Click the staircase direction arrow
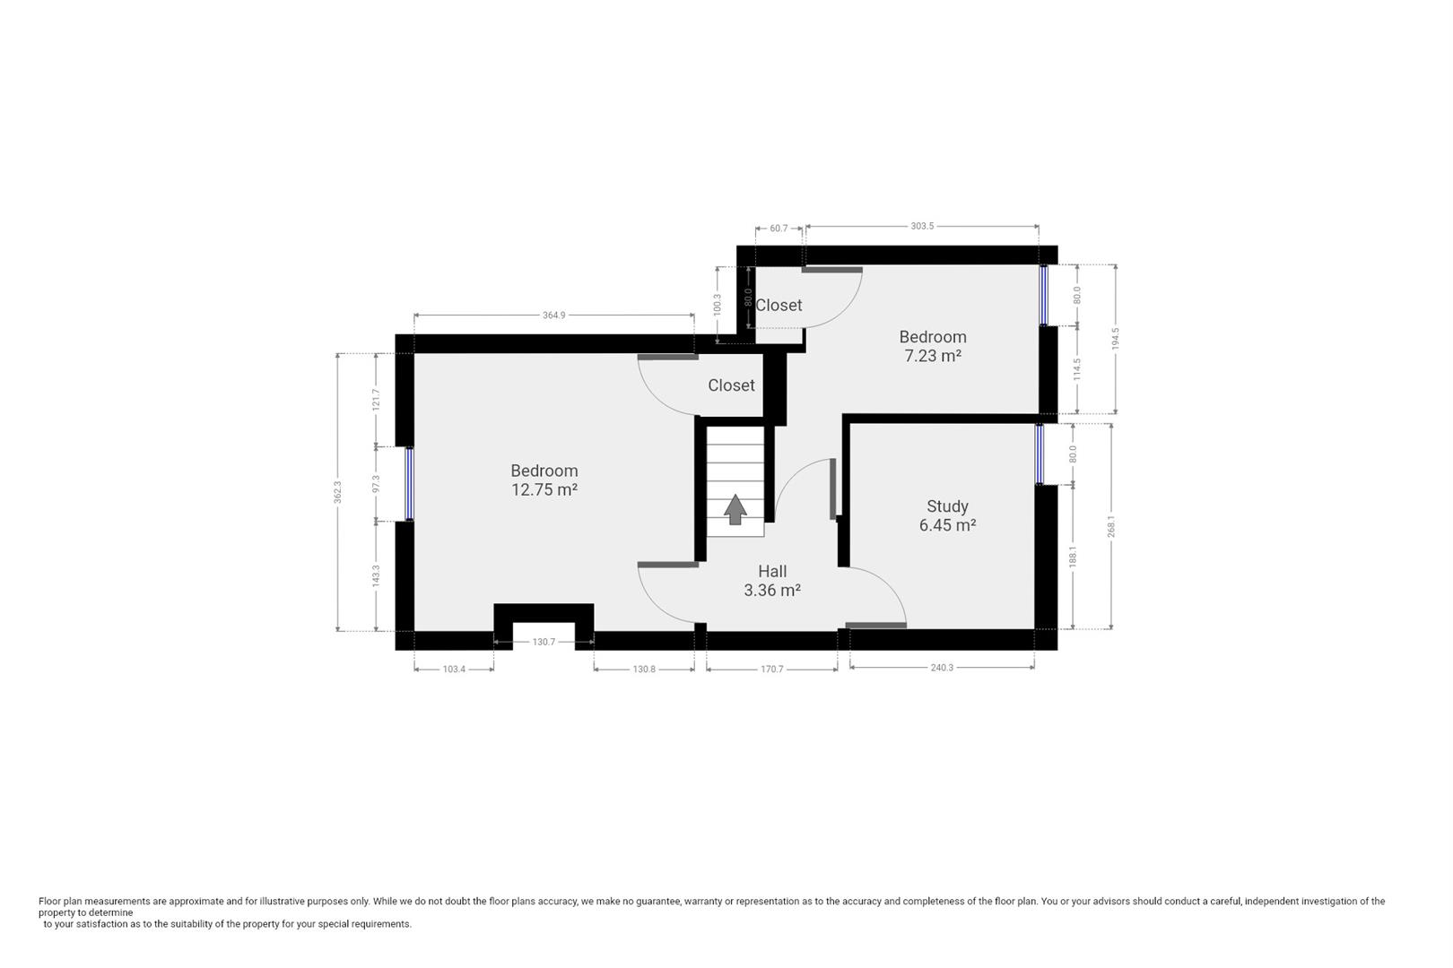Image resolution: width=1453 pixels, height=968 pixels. tap(735, 509)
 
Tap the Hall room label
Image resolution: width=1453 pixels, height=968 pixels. tap(772, 571)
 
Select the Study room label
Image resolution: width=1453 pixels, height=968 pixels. tap(947, 506)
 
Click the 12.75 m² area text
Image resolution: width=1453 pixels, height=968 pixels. tap(544, 489)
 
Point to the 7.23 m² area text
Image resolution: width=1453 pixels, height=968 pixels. tap(933, 356)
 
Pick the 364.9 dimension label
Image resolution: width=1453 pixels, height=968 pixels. tap(554, 315)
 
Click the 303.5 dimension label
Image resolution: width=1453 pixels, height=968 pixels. tap(922, 227)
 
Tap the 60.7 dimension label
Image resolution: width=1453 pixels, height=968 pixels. tap(779, 229)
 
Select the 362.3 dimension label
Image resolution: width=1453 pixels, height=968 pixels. tap(338, 492)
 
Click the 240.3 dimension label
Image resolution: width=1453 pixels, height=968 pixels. tap(942, 668)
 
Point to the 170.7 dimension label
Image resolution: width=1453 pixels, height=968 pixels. tap(772, 669)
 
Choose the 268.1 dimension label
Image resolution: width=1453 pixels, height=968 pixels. tap(1111, 526)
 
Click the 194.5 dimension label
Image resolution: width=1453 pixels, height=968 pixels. tap(1116, 338)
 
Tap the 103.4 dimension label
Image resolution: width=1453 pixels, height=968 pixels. tap(454, 669)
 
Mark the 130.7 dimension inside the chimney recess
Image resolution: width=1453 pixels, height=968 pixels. tap(544, 642)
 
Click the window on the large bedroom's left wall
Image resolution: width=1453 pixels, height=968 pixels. tap(409, 484)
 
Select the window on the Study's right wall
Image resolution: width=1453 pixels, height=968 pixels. tap(1040, 454)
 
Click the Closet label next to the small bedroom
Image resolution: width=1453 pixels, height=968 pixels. tap(779, 306)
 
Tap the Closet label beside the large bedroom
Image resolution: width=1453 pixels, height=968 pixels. tap(731, 385)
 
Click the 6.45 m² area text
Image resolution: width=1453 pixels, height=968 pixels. tap(947, 525)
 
